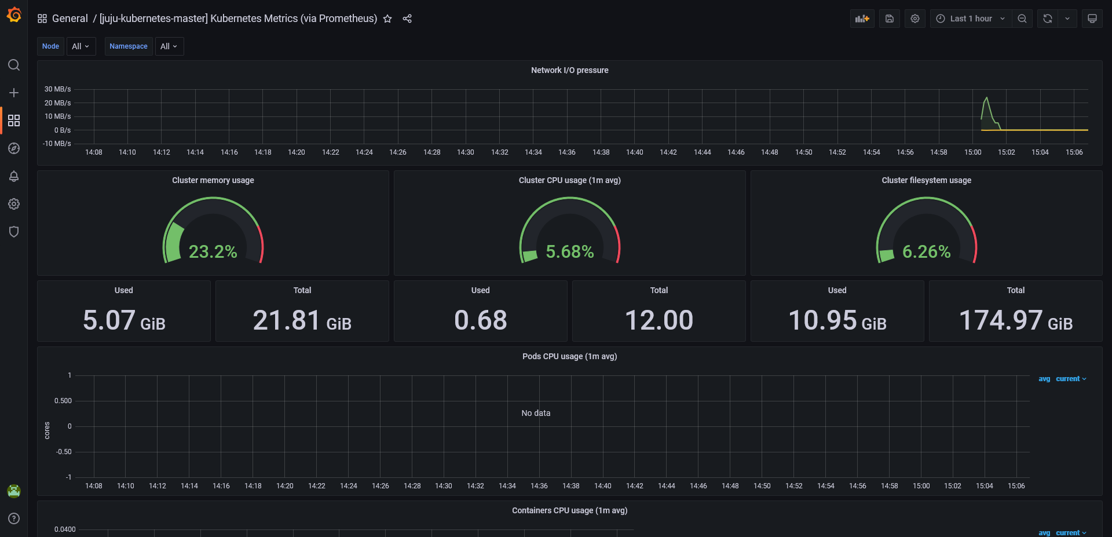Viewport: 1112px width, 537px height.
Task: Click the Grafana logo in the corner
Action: pyautogui.click(x=14, y=15)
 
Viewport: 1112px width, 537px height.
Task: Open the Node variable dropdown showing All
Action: pyautogui.click(x=81, y=46)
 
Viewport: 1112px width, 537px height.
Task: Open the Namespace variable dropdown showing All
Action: pyautogui.click(x=169, y=46)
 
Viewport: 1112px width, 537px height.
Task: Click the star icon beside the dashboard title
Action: pyautogui.click(x=387, y=19)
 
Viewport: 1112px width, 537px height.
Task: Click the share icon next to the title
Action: pyautogui.click(x=407, y=19)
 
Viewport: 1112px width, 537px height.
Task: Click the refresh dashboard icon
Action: pyautogui.click(x=1047, y=19)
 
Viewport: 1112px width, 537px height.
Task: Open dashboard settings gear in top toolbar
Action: pyautogui.click(x=915, y=19)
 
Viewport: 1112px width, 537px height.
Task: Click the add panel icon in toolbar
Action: pyautogui.click(x=862, y=19)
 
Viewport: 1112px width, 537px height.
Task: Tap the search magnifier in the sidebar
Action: pyautogui.click(x=14, y=65)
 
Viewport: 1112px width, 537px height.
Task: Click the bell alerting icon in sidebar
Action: pyautogui.click(x=14, y=176)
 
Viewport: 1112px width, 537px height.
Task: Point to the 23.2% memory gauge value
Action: pyautogui.click(x=213, y=251)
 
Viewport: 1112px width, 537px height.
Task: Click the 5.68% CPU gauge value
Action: pyautogui.click(x=569, y=251)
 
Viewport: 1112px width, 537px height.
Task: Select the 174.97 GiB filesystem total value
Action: pyautogui.click(x=1015, y=320)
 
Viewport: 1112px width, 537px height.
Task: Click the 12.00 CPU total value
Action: pyautogui.click(x=659, y=320)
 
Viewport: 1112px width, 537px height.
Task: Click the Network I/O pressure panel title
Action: pyautogui.click(x=569, y=70)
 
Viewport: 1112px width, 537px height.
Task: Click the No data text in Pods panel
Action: pyautogui.click(x=536, y=413)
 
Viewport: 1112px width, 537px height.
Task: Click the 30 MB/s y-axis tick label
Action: pyautogui.click(x=57, y=89)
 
